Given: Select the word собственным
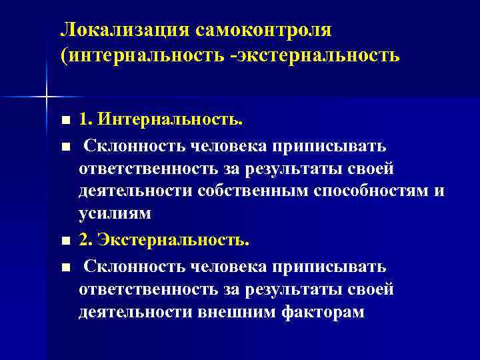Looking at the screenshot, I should [247, 191].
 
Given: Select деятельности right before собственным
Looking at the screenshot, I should [135, 191].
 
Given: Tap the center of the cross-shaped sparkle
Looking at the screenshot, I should [46, 98].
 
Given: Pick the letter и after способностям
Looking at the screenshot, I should [439, 192].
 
